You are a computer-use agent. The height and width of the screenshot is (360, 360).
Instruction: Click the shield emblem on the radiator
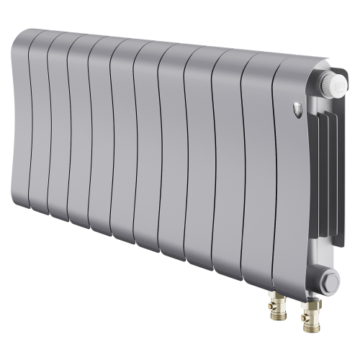pos(300,109)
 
